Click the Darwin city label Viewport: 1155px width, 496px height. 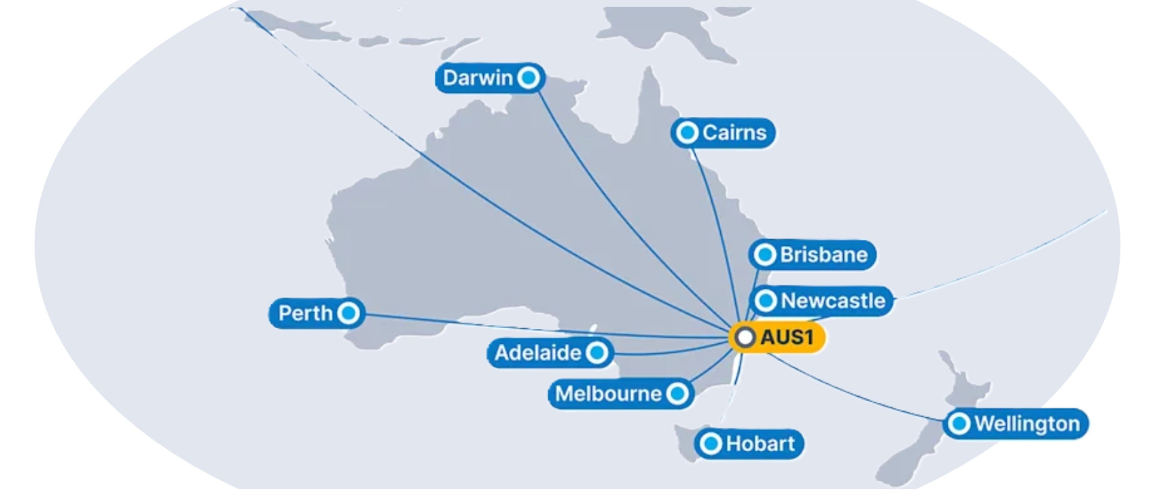tap(478, 78)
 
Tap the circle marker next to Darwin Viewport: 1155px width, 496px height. tap(529, 78)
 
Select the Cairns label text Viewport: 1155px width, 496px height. tap(734, 132)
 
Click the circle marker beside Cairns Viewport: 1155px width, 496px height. tap(688, 132)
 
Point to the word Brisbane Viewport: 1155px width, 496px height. tap(823, 255)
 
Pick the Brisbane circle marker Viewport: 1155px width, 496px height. tap(766, 255)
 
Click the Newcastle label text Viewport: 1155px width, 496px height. tap(833, 300)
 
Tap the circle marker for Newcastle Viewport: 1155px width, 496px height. tap(766, 300)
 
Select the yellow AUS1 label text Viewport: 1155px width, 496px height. tap(787, 338)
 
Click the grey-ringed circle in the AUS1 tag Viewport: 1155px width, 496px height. tap(745, 338)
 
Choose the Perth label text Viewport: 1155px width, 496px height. tap(306, 313)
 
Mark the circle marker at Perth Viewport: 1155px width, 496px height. tap(349, 313)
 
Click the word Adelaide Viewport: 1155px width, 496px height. tap(538, 353)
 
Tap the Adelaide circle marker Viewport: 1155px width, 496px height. tap(597, 353)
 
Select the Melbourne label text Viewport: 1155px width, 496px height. tap(608, 393)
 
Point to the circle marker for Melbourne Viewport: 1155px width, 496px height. tap(677, 393)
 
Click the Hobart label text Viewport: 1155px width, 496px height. tap(760, 444)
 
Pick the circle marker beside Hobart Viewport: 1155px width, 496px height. tap(711, 444)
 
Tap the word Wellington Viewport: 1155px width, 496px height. tap(1027, 424)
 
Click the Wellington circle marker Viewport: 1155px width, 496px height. tap(959, 424)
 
